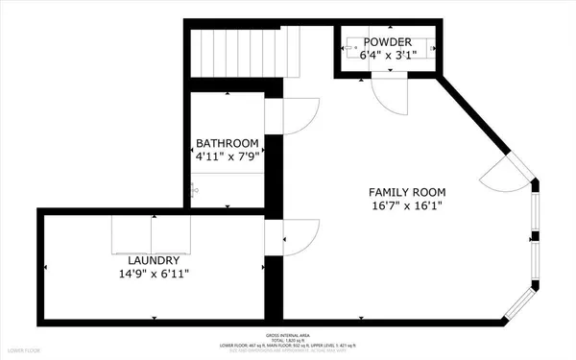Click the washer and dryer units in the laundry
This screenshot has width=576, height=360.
(153, 232)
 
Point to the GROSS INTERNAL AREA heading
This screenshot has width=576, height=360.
(287, 334)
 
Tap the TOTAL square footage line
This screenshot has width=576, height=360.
(287, 340)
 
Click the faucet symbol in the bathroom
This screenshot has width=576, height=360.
(195, 189)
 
